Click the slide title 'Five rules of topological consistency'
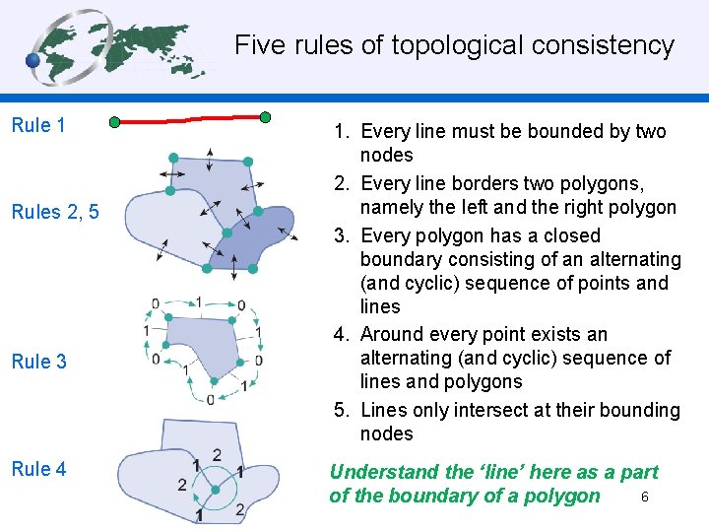tap(454, 45)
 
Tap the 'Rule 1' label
tap(38, 125)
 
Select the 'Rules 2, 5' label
tap(55, 212)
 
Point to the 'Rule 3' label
tap(39, 362)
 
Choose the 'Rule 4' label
tap(39, 469)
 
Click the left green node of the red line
tap(114, 122)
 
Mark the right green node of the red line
tap(265, 117)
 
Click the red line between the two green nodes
tap(189, 120)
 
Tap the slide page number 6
tap(644, 497)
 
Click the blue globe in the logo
tap(33, 60)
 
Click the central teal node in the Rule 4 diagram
tap(216, 489)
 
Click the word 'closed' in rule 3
tap(566, 235)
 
